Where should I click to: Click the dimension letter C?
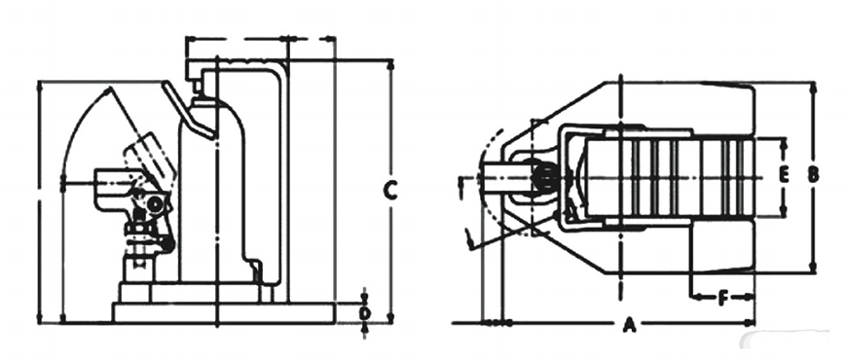390,191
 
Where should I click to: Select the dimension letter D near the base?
365,313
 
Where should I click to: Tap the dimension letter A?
628,325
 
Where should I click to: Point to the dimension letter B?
813,174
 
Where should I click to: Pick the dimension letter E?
784,174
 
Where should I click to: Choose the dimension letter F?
723,298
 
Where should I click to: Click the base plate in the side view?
224,313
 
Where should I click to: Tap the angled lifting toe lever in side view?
189,112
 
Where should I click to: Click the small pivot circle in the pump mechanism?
155,204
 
